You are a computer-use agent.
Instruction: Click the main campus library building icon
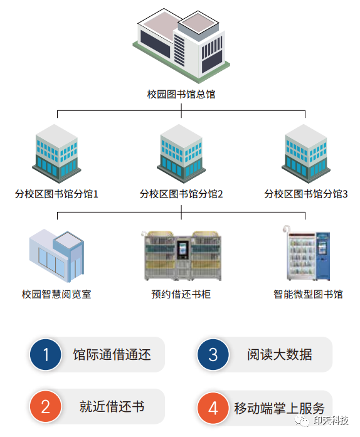(x=181, y=46)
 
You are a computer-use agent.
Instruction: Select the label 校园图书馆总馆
(x=181, y=94)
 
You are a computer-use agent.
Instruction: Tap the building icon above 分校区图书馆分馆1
(x=56, y=154)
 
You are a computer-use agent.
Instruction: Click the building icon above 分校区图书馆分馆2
(x=181, y=154)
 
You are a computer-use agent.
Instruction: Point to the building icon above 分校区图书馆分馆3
(x=306, y=154)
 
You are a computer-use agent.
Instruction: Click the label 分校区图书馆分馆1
(x=56, y=194)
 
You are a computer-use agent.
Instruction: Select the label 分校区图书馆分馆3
(x=306, y=194)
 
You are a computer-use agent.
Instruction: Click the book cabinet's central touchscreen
(x=183, y=250)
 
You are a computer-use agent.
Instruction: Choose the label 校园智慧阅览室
(x=56, y=294)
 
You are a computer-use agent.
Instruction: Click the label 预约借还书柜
(x=181, y=294)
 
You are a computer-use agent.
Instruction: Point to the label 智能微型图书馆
(x=308, y=294)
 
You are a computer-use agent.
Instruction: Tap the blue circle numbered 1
(x=46, y=354)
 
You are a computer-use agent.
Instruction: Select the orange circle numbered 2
(x=46, y=406)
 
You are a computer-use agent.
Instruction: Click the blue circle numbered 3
(x=213, y=354)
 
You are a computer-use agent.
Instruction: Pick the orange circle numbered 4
(x=213, y=408)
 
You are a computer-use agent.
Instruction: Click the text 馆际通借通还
(x=112, y=354)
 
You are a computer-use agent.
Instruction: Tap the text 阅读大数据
(x=280, y=354)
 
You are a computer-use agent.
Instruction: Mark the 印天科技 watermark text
(x=331, y=421)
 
